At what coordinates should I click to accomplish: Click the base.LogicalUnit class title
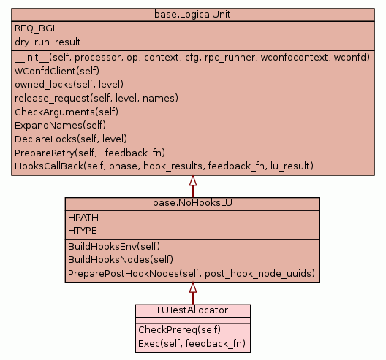click(192, 15)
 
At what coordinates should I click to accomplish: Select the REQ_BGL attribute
click(37, 28)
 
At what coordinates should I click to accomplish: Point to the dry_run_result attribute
click(48, 42)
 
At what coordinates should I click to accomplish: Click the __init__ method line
click(192, 58)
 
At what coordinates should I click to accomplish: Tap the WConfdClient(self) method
click(57, 71)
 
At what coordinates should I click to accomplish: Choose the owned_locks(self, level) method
click(69, 85)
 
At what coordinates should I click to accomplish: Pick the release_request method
click(96, 98)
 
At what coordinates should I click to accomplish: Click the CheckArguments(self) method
click(67, 112)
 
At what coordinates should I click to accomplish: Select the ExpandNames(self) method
click(60, 126)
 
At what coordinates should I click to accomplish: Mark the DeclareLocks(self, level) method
click(71, 139)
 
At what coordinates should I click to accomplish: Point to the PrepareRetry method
click(90, 153)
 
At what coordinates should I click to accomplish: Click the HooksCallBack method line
click(164, 166)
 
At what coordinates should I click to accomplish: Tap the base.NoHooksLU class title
click(192, 203)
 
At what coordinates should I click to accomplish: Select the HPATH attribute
click(83, 218)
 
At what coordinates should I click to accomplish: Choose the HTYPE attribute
click(83, 231)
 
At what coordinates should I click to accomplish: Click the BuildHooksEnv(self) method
click(114, 246)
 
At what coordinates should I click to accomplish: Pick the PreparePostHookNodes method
click(192, 273)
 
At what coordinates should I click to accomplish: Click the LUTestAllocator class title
click(192, 310)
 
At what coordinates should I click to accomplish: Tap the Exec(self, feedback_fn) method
click(192, 343)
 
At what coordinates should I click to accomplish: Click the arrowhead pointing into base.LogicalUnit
click(193, 180)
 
